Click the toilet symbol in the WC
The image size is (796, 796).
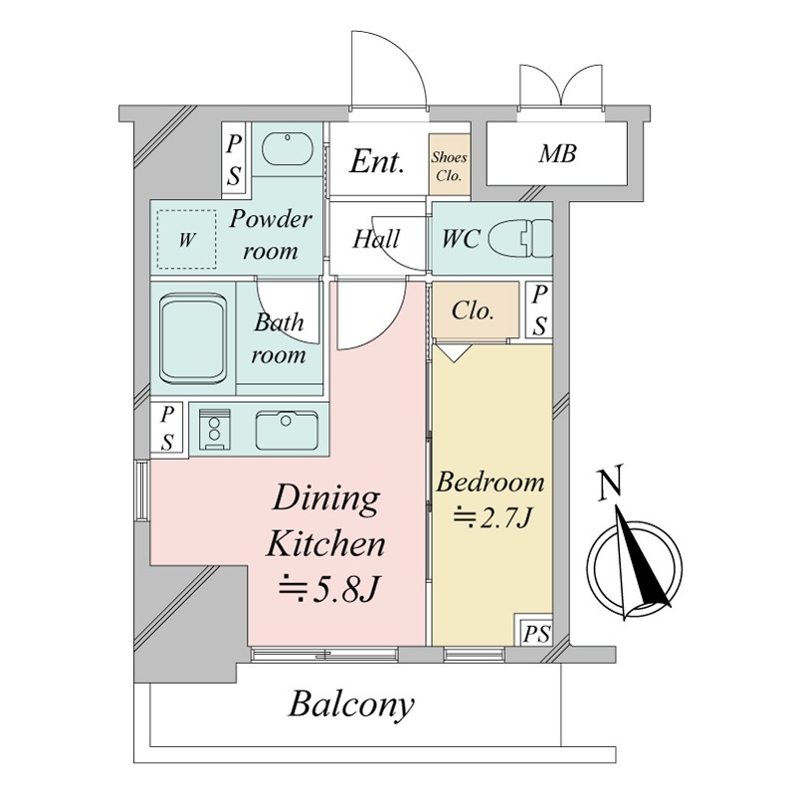point(520,238)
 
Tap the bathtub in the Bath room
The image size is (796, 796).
point(192,339)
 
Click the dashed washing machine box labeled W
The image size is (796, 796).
point(186,239)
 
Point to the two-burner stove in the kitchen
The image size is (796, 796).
point(214,429)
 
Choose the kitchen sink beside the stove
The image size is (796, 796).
point(287,430)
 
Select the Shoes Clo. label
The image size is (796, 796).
point(450,166)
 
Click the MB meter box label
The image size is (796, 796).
point(557,154)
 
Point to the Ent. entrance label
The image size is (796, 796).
point(377,161)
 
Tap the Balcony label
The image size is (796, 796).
point(351,704)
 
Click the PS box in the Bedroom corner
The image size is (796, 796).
point(534,630)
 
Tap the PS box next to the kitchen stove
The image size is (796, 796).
point(167,428)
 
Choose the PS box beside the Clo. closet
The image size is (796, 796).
point(539,310)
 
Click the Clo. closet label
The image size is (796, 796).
point(472,310)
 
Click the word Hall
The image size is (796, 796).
point(376,239)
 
